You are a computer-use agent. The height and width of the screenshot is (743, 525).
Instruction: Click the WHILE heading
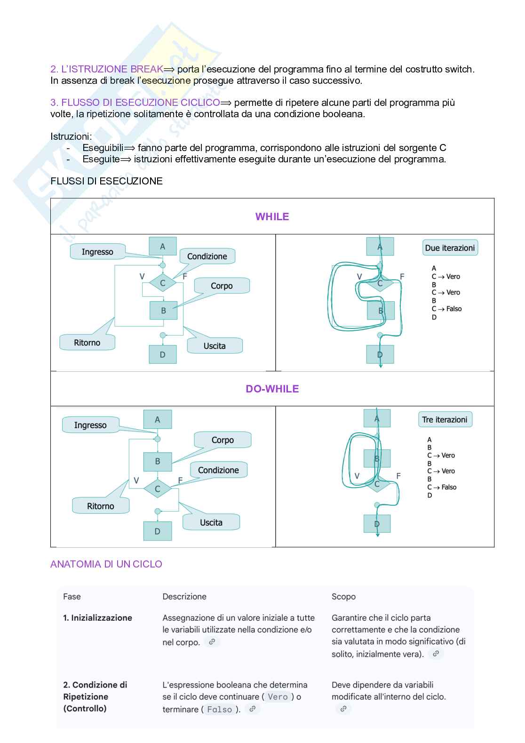coord(272,216)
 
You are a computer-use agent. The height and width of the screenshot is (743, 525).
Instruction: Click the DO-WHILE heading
coord(272,389)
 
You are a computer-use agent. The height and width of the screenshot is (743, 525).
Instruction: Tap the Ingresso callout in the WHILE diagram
coord(97,252)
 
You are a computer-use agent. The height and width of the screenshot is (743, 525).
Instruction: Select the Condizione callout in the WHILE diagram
coord(207,256)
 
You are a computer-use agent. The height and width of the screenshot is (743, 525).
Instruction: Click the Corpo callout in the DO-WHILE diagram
coord(223,440)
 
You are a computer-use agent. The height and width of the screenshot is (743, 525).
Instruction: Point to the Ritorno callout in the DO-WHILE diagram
coord(100,506)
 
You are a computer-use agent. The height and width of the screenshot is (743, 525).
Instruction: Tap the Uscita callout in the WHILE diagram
coord(215,346)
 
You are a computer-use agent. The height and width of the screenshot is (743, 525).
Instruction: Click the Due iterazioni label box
coord(450,248)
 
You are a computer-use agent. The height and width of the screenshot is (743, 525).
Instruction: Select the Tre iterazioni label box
coord(445,420)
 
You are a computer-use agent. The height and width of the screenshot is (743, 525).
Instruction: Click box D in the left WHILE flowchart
coord(163,354)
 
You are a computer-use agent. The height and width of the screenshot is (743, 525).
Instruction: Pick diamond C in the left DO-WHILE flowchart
coord(158,489)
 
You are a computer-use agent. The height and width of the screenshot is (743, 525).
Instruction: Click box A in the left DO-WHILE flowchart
coord(158,419)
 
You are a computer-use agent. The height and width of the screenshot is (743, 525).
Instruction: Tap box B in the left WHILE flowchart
coord(163,311)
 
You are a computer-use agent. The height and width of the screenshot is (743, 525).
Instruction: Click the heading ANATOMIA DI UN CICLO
coord(106,564)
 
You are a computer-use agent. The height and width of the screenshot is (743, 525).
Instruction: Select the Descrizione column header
coord(184,597)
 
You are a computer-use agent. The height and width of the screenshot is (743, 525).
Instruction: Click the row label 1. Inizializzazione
coord(97,618)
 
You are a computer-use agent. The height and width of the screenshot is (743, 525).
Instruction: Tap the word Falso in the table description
coord(220,709)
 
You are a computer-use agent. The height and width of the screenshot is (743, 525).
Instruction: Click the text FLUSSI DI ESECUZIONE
coord(106,181)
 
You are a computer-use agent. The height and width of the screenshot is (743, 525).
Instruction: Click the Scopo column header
coord(343,597)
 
